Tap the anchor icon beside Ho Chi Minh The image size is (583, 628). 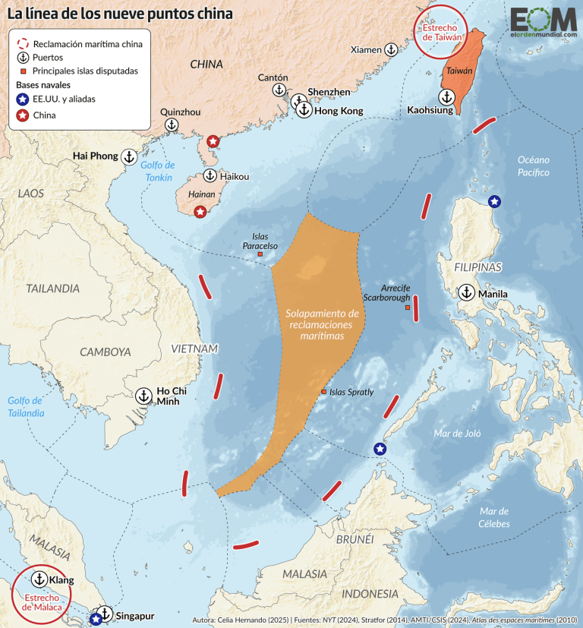[143, 396]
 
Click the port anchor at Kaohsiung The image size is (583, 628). [447, 97]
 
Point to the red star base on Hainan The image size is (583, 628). [200, 212]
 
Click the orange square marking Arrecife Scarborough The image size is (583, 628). [408, 308]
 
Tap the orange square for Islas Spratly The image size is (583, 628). [323, 392]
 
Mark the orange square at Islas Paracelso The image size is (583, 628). [260, 254]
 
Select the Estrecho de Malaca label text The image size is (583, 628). [38, 602]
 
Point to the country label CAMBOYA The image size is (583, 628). [106, 352]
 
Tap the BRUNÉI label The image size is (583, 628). [355, 538]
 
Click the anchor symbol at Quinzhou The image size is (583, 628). [172, 125]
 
